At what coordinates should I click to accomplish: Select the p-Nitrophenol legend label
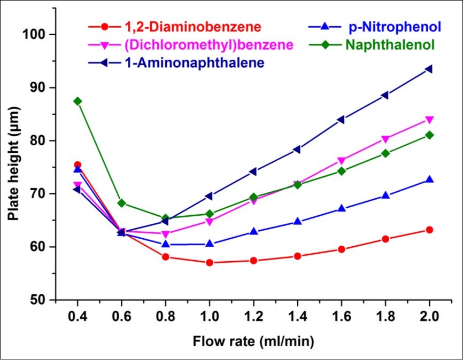[x=394, y=26]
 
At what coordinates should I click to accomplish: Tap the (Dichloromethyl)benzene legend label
[x=201, y=44]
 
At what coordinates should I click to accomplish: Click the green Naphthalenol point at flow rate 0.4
[x=78, y=101]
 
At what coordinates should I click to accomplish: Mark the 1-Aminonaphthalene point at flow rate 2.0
[x=428, y=69]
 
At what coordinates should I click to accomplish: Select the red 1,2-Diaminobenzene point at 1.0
[x=209, y=262]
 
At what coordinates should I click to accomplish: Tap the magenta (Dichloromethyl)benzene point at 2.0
[x=428, y=120]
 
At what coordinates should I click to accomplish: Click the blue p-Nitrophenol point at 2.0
[x=428, y=179]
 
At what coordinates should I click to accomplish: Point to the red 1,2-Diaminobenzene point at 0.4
[x=78, y=165]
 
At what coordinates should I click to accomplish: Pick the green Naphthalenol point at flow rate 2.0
[x=428, y=135]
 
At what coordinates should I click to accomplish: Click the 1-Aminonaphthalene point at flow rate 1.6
[x=341, y=120]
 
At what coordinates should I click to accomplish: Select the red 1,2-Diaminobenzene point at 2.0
[x=428, y=230]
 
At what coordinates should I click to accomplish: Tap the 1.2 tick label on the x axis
[x=253, y=316]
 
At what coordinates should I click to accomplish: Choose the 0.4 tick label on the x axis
[x=78, y=316]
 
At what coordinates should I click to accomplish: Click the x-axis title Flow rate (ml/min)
[x=253, y=340]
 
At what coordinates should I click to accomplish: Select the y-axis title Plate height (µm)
[x=13, y=167]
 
